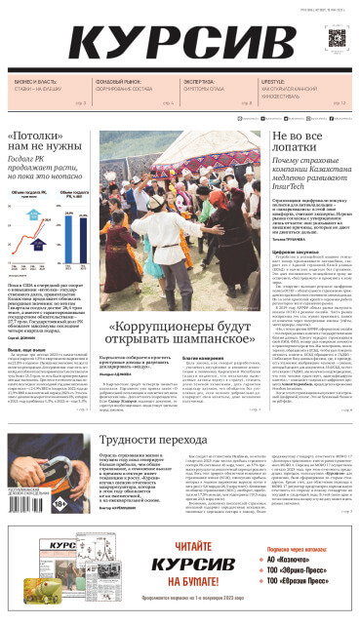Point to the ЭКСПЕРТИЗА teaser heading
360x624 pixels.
point(200,82)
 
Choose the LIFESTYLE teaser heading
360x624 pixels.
point(273,82)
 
